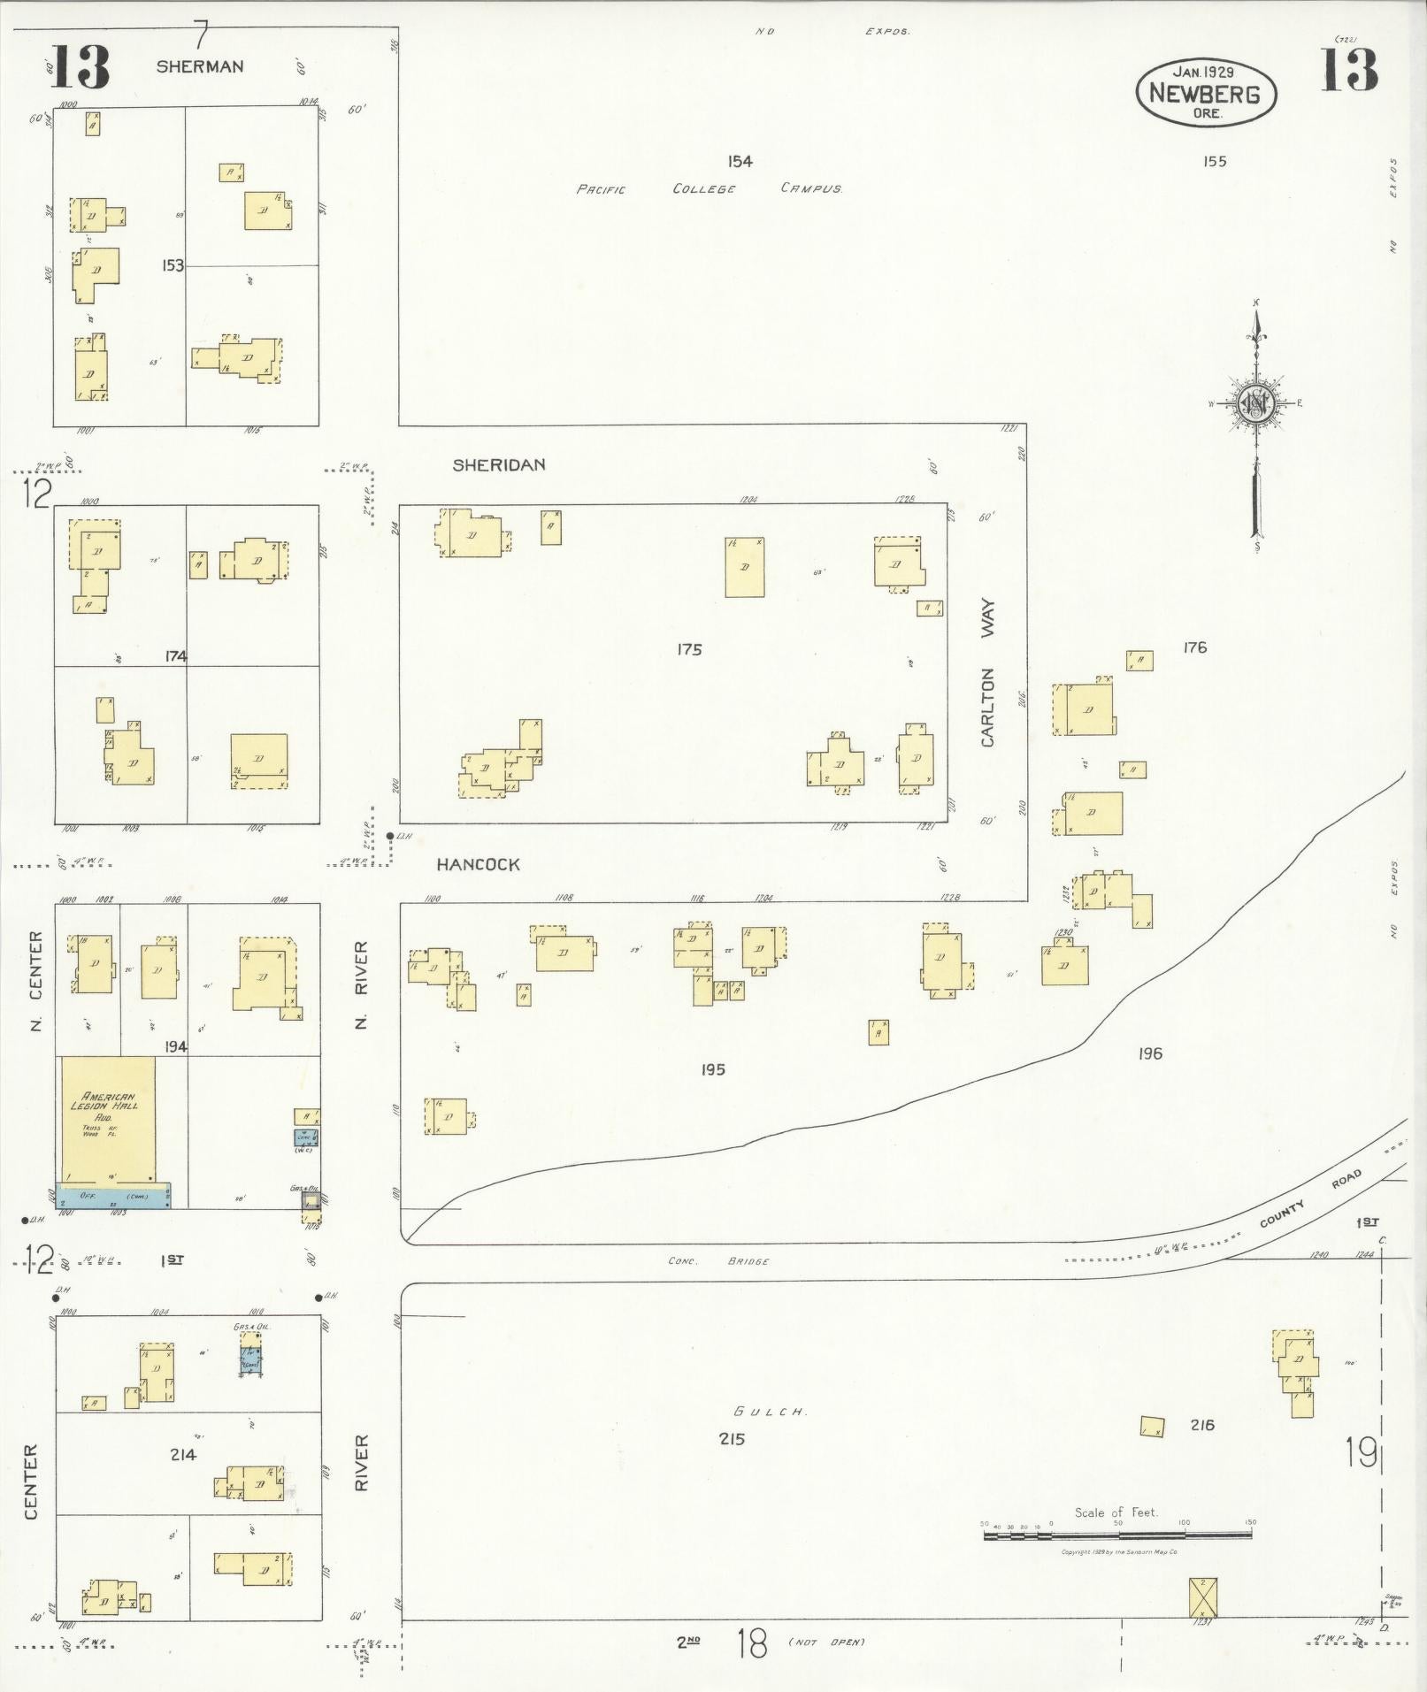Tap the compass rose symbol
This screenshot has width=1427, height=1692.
[x=1254, y=404]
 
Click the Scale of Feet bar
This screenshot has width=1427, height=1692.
[x=1117, y=1535]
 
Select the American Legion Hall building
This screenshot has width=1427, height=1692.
[x=108, y=1119]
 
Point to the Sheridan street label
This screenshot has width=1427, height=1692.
[x=499, y=464]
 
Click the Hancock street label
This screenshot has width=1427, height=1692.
[x=479, y=864]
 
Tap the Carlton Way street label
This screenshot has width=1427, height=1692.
[x=987, y=673]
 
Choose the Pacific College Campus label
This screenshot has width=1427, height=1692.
[x=708, y=188]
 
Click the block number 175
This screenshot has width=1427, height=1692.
[x=689, y=649]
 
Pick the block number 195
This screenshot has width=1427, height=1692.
[x=712, y=1069]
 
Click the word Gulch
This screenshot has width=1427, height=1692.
[x=768, y=1412]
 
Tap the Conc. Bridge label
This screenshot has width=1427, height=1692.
[x=718, y=1261]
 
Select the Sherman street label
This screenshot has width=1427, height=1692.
[x=200, y=66]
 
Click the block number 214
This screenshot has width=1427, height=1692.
[x=183, y=1454]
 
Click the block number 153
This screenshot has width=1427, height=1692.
[x=173, y=265]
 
